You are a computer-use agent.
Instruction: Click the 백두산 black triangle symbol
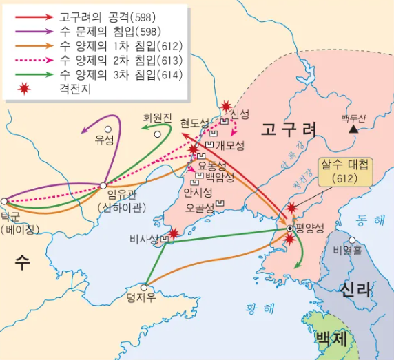353,128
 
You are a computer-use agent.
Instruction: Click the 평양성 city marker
290,228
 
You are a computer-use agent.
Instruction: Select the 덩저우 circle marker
145,288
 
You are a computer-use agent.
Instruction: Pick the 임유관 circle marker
103,185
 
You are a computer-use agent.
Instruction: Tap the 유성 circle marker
107,129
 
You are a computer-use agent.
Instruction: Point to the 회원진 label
156,118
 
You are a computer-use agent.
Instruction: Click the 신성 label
240,114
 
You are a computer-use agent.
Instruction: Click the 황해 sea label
258,306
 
